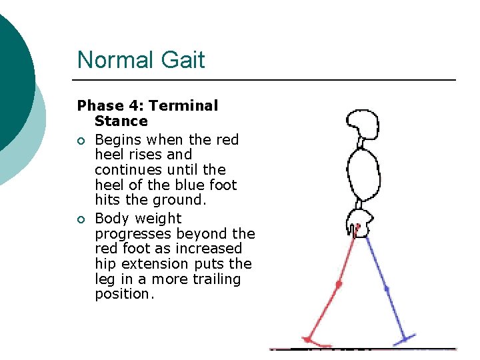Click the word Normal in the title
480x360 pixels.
(x=114, y=60)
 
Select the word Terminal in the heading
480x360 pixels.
(x=183, y=106)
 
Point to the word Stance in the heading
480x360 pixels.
(x=121, y=121)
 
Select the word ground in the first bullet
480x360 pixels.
(x=162, y=200)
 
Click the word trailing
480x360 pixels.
(x=215, y=279)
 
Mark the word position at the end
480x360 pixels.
(x=124, y=294)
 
